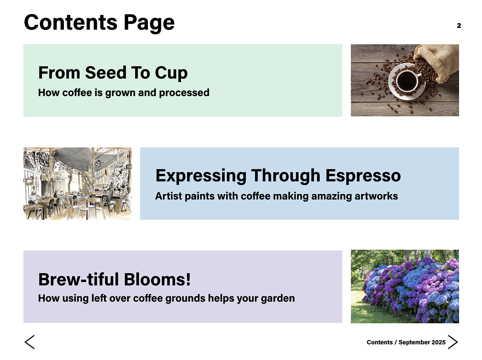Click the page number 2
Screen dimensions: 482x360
(x=459, y=25)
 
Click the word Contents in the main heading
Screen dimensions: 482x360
(x=71, y=22)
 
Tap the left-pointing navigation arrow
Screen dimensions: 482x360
(x=29, y=342)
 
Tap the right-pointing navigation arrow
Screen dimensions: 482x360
(x=453, y=342)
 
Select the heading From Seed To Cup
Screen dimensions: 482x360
(x=113, y=73)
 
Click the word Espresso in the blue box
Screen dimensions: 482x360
(x=363, y=175)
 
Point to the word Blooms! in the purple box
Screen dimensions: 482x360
(x=157, y=279)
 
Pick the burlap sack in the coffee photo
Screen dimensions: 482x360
(x=437, y=61)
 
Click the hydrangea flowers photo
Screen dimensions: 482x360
(x=405, y=286)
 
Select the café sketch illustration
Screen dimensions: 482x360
(x=78, y=184)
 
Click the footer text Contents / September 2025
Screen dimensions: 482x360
(x=406, y=342)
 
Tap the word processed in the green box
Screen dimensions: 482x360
(x=184, y=93)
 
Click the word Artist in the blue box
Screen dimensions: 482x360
(x=169, y=196)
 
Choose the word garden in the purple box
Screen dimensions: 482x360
(x=278, y=299)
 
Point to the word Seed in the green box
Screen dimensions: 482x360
(x=106, y=73)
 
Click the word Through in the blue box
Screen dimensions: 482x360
(x=286, y=175)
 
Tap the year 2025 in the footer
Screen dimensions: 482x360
(x=438, y=342)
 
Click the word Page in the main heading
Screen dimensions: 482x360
(x=149, y=23)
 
